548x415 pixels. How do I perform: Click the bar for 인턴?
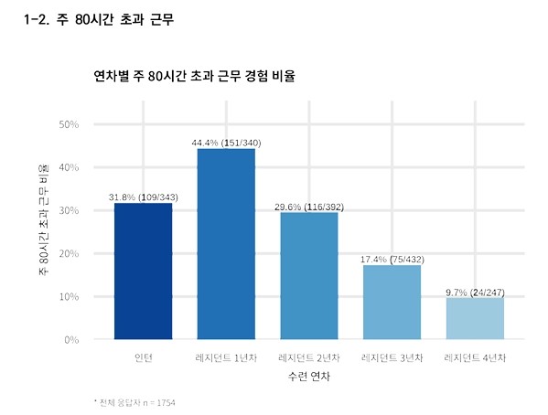(x=143, y=271)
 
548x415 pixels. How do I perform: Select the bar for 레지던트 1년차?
(x=226, y=244)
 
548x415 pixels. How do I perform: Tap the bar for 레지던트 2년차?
(x=308, y=276)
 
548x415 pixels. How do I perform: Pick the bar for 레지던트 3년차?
(x=392, y=303)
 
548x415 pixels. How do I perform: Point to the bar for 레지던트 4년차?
(x=475, y=319)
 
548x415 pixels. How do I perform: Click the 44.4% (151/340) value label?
(x=226, y=143)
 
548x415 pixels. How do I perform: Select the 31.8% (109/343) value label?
(x=143, y=197)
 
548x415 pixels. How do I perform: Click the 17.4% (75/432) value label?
(x=392, y=260)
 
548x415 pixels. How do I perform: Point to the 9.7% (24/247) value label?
(x=475, y=293)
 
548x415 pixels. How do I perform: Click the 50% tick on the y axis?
(x=69, y=123)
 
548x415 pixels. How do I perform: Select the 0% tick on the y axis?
(x=71, y=340)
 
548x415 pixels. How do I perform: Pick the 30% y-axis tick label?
(x=69, y=210)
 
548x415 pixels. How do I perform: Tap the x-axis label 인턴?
(x=143, y=356)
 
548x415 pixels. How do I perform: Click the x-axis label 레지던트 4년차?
(x=475, y=356)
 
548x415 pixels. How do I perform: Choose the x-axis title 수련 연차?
(x=308, y=376)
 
